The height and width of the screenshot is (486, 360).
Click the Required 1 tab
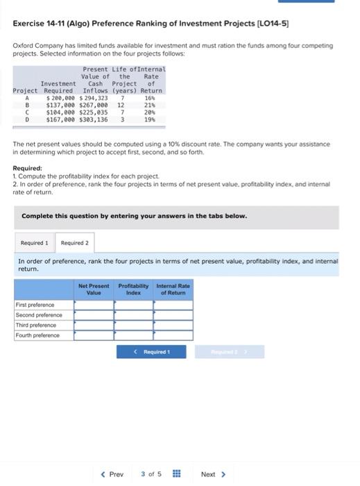coord(34,243)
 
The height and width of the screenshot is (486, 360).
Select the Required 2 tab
coord(74,243)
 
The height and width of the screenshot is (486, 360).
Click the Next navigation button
coord(212,474)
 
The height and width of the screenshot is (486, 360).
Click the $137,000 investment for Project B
coord(60,106)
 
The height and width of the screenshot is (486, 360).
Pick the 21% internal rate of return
coord(149,106)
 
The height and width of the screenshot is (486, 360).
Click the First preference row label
coord(35,305)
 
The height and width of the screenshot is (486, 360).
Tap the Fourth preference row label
coord(38,335)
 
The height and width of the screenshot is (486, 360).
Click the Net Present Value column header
coord(94,289)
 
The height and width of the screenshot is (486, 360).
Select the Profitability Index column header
coord(134,289)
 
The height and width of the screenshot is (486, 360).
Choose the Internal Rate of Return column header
coord(173,289)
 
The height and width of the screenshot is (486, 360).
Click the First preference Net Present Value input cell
coord(94,305)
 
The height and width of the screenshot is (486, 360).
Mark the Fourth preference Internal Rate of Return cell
coord(173,335)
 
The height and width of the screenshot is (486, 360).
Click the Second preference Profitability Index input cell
coord(134,315)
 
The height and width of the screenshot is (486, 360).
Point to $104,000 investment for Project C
coord(60,112)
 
